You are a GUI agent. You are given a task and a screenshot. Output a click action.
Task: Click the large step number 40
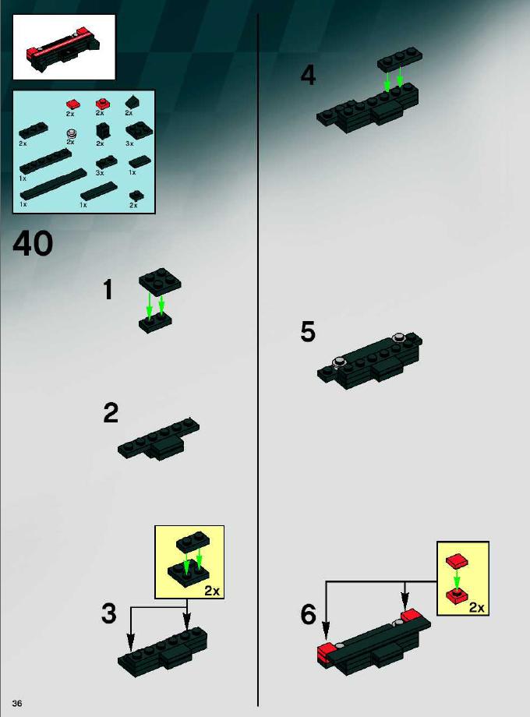click(33, 243)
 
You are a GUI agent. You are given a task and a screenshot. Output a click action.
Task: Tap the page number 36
click(17, 703)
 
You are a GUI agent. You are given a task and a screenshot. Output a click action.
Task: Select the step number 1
click(108, 289)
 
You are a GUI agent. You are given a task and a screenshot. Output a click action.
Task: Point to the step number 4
click(308, 76)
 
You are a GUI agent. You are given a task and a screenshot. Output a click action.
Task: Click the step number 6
click(308, 614)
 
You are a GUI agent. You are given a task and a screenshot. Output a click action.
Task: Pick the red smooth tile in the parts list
click(70, 104)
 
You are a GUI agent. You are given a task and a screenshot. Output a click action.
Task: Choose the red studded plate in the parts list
click(101, 104)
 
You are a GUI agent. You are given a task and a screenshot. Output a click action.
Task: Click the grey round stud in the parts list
click(71, 134)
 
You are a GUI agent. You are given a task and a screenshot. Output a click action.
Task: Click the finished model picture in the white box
click(64, 48)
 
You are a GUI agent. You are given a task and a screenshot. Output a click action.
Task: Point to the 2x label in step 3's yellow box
click(212, 591)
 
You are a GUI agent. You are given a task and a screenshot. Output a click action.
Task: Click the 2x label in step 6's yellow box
click(476, 607)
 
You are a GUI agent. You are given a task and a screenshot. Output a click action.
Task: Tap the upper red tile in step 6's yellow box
click(458, 560)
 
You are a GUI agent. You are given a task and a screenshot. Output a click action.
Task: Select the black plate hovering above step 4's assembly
click(400, 58)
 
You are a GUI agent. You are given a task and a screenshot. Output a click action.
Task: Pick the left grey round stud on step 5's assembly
click(339, 362)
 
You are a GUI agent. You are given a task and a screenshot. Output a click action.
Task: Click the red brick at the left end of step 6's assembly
click(325, 654)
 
